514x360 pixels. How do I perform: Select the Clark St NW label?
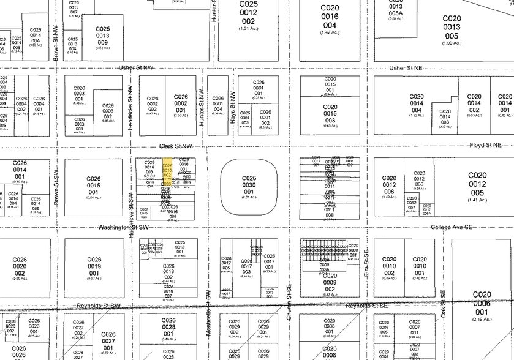pos(176,146)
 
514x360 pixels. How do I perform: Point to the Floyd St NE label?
pos(485,145)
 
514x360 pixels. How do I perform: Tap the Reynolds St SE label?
pos(366,305)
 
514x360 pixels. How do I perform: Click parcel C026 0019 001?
pos(94,267)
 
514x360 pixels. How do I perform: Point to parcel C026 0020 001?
pos(20,268)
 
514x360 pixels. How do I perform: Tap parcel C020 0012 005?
pos(478,184)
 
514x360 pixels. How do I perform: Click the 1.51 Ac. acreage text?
pos(249,28)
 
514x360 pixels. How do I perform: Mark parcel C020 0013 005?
pos(452,27)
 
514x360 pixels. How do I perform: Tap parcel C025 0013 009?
pos(102,37)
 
